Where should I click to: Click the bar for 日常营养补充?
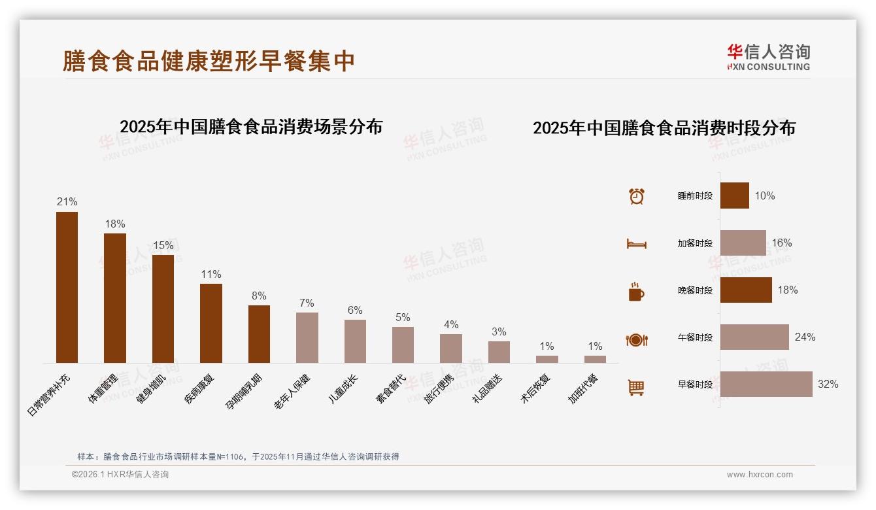coord(67,287)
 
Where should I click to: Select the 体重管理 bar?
coord(115,298)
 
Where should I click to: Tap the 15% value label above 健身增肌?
coord(163,246)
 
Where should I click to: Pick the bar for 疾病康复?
coord(211,323)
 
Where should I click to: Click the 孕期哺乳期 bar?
coord(259,334)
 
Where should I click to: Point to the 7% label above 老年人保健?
coord(307,303)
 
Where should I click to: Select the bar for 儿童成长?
coord(355,341)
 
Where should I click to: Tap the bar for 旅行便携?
coord(451,348)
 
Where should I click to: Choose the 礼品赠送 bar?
coord(499,352)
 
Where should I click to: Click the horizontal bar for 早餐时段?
coord(766,384)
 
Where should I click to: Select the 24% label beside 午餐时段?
coord(805,337)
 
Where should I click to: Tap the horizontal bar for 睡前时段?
coord(735,195)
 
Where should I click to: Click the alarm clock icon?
coord(637,196)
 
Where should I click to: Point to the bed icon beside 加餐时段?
coord(636,244)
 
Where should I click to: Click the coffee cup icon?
coord(636,292)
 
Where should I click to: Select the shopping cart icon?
coord(636,387)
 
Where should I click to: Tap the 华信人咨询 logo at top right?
coord(769,57)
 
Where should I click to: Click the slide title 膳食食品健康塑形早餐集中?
coord(209,61)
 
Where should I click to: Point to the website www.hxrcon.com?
coord(760,475)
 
